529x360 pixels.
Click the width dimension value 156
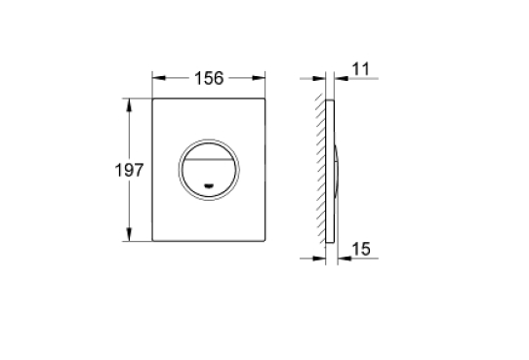pos(209,78)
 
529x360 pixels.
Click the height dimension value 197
pos(129,170)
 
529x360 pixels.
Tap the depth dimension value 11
pos(361,69)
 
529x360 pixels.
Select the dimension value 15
pos(361,250)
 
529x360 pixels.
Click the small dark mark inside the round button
pos(209,185)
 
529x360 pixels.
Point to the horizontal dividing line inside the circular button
pos(209,159)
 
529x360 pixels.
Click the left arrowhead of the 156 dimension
pos(159,78)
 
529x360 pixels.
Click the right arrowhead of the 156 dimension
pos(259,78)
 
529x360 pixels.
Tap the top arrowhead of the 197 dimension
pos(129,104)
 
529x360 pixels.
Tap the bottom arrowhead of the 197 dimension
pos(129,234)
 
